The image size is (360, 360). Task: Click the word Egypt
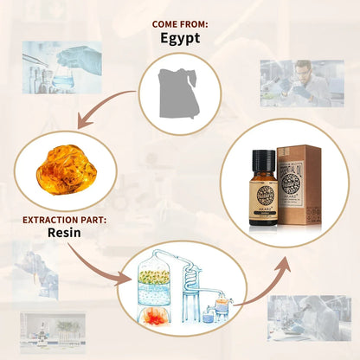(x=179, y=38)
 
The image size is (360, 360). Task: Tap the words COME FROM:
(x=179, y=23)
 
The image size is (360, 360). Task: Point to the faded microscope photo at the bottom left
(x=52, y=333)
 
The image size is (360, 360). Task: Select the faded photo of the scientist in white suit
(x=309, y=317)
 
